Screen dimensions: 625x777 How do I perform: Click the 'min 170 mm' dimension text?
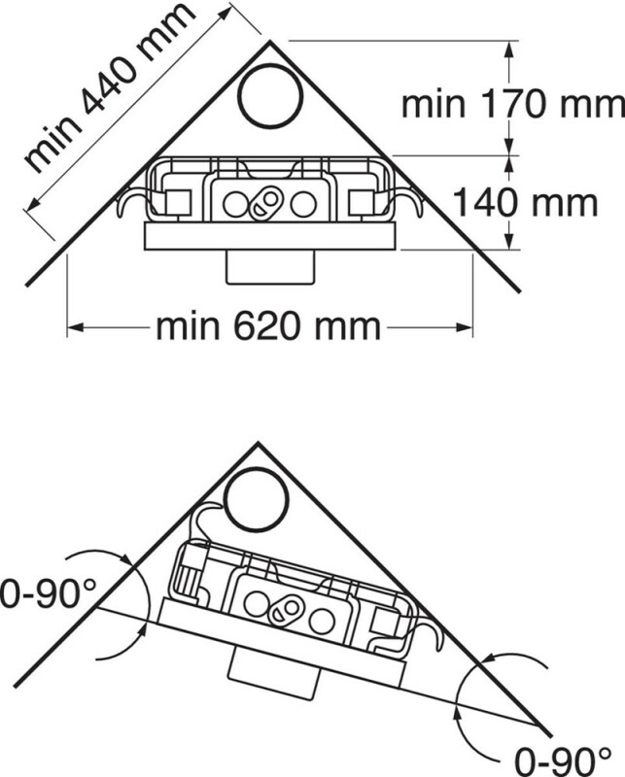513,104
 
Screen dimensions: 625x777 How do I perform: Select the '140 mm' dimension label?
525,203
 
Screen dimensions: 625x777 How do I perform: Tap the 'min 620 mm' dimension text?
268,327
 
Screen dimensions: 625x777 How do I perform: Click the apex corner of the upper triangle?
270,42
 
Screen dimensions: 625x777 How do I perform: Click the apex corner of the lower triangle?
258,444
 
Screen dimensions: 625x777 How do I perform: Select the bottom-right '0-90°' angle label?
563,760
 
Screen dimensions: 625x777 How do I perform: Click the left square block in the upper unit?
178,203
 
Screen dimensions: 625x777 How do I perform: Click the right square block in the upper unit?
362,203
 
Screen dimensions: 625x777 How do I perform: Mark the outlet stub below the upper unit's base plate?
270,267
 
